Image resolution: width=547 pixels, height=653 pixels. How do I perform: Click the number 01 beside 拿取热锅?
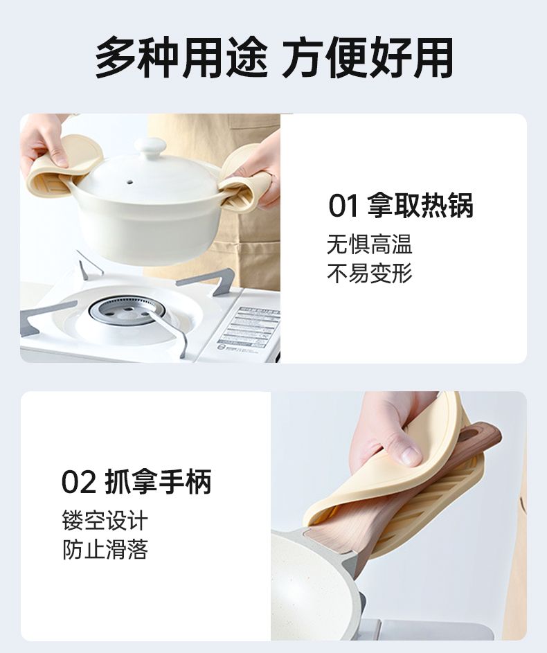(344, 206)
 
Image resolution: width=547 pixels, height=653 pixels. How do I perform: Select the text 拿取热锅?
(420, 205)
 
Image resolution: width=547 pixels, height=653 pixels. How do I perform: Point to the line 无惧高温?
(370, 244)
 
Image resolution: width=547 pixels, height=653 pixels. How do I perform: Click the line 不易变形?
(370, 274)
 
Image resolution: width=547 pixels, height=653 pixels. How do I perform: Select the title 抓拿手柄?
(159, 482)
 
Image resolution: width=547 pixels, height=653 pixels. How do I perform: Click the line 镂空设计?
(105, 521)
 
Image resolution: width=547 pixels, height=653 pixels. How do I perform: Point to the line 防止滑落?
(105, 550)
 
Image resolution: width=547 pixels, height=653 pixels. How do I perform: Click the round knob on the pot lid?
(150, 147)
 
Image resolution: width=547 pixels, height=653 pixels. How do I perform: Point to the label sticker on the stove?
(249, 330)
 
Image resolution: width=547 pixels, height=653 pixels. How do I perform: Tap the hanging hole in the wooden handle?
(470, 436)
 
